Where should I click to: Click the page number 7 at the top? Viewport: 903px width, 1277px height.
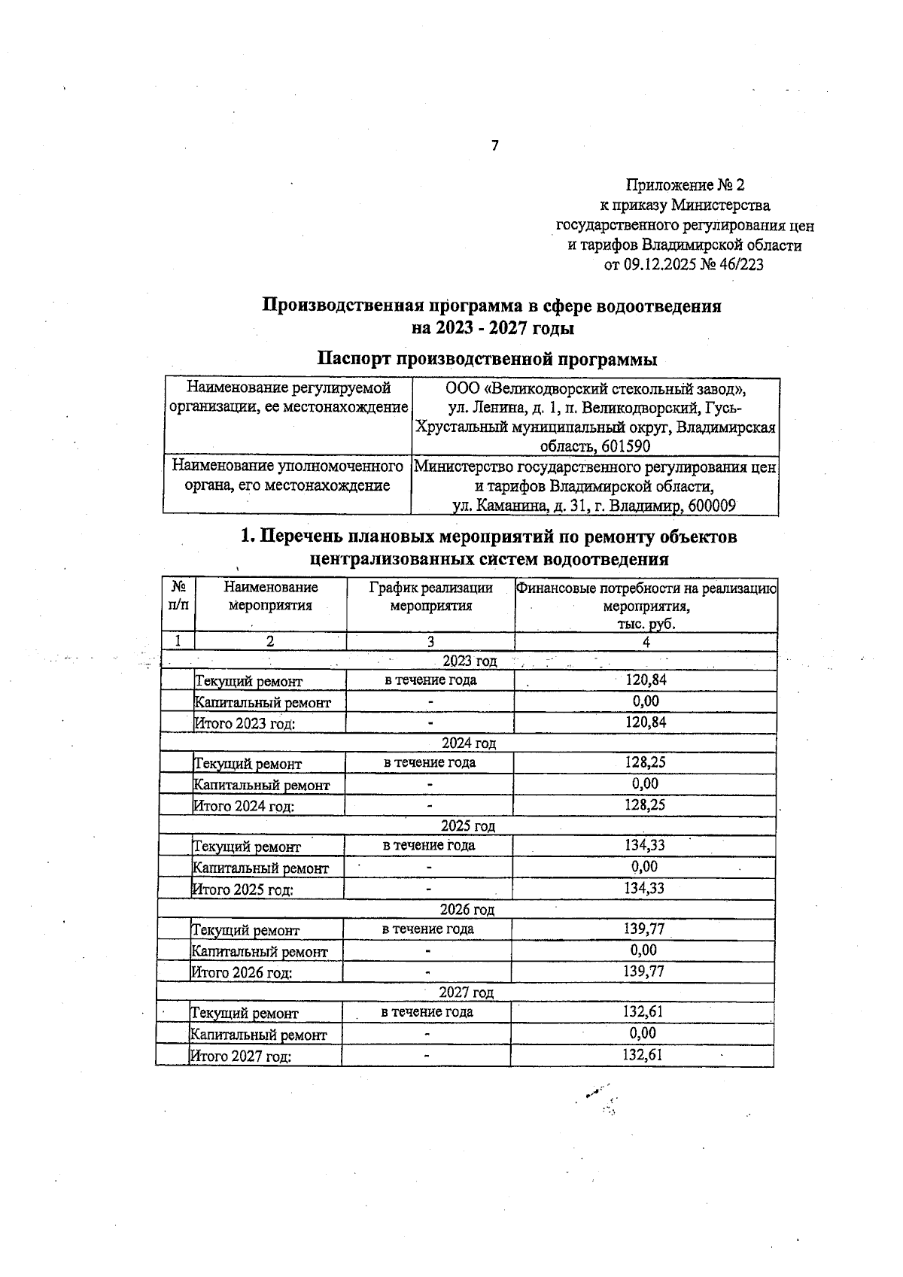494,146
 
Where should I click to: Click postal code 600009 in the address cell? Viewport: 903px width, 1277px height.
711,506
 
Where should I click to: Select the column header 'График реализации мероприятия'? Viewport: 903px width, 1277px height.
430,596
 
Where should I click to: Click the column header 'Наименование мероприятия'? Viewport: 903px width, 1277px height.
270,596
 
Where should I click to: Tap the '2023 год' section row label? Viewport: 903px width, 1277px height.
470,661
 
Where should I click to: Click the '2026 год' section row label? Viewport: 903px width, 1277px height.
467,910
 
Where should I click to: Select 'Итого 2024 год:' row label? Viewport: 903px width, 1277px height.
243,806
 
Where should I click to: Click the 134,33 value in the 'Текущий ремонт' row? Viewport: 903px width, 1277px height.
644,845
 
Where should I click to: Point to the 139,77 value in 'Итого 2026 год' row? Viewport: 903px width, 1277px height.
643,971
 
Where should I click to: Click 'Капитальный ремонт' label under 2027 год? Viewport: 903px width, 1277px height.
258,1035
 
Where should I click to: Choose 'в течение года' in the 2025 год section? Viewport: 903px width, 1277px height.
429,845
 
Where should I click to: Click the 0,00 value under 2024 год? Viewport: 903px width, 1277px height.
645,783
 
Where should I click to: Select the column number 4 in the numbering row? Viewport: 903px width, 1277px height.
646,641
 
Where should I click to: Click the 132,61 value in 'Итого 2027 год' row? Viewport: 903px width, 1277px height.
642,1055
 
